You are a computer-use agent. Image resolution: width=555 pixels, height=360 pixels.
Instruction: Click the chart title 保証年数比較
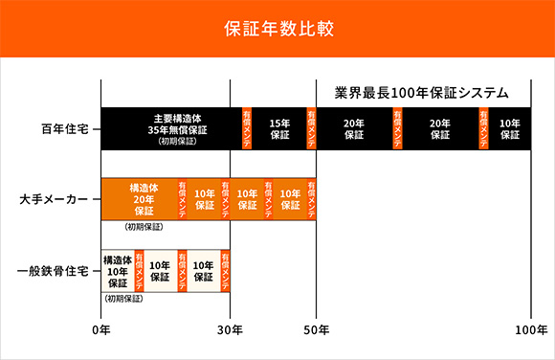[x=277, y=28]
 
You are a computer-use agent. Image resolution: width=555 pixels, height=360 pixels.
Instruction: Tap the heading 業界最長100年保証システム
[x=422, y=93]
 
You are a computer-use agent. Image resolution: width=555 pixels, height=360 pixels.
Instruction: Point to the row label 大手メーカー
[x=55, y=199]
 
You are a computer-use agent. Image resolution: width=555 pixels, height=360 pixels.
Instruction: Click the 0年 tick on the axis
[x=100, y=330]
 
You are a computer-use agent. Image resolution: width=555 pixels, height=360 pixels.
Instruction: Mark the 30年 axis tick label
[x=230, y=330]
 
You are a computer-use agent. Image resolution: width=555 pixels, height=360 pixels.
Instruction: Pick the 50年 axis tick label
[x=317, y=330]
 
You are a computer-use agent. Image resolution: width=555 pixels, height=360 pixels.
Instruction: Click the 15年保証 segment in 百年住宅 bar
[x=279, y=128]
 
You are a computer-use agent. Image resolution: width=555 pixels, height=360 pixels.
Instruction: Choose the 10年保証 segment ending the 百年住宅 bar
[x=511, y=128]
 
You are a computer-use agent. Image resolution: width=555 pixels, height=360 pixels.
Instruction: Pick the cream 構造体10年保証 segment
[x=117, y=271]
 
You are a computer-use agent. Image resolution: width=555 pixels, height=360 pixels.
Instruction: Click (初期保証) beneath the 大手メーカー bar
[x=144, y=228]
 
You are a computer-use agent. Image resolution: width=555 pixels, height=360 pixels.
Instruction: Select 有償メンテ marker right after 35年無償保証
[x=247, y=128]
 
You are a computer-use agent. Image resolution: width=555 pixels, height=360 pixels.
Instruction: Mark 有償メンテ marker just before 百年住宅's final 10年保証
[x=483, y=128]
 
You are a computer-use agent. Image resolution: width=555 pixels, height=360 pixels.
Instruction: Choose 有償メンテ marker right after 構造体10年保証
[x=139, y=271]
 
